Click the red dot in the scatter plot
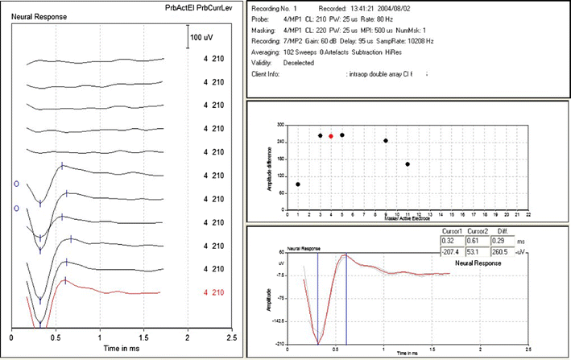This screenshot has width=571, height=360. (331, 136)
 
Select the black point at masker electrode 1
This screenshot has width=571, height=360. (298, 184)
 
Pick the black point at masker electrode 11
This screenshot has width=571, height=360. (408, 164)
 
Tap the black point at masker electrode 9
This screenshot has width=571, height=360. (386, 141)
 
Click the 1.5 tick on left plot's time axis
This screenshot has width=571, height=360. (143, 339)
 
